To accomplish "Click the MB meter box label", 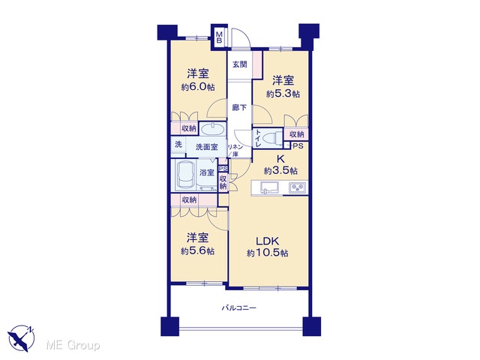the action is click(x=219, y=37).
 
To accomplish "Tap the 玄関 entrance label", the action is click(x=240, y=64).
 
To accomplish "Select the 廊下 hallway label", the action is click(x=239, y=107).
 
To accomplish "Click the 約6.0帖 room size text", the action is click(x=198, y=87).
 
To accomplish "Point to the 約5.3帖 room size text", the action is click(x=283, y=94).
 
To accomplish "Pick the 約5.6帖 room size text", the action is click(x=198, y=251).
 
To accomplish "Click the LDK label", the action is click(x=267, y=241).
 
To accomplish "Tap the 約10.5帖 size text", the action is click(x=268, y=253).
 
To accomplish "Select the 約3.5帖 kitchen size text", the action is click(x=281, y=170).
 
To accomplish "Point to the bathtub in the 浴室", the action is click(x=186, y=175).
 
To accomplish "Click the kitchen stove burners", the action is click(x=298, y=187).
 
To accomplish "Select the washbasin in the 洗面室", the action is click(x=212, y=128).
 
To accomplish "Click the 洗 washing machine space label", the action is click(x=178, y=144).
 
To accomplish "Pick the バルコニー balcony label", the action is click(x=239, y=307).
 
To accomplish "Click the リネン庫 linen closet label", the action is click(x=235, y=151).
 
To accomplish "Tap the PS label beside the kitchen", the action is click(x=298, y=146).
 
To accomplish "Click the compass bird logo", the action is click(x=22, y=338).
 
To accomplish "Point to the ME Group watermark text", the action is click(x=73, y=345).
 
